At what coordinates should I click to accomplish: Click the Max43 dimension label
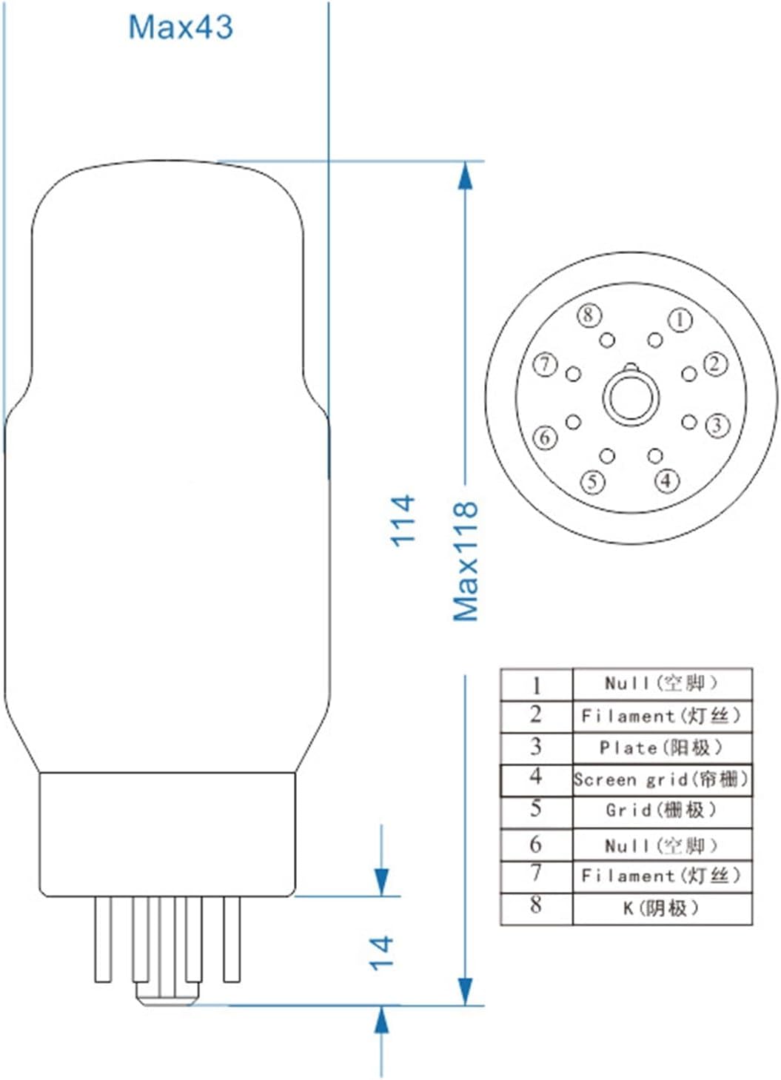pos(181,27)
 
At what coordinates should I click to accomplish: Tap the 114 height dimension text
pos(403,521)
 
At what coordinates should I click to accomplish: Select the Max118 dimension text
pos(466,561)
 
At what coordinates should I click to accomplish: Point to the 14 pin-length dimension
pos(381,952)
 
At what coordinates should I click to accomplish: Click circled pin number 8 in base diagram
pos(588,315)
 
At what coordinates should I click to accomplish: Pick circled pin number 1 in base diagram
pos(680,320)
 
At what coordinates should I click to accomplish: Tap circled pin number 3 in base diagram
pos(717,425)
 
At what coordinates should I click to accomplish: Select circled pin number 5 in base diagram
pos(592,482)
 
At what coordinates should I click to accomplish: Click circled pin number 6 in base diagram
pos(546,437)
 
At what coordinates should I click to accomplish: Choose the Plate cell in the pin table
pos(661,748)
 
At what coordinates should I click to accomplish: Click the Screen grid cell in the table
pos(662,779)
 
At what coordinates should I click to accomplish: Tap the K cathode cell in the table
pos(661,908)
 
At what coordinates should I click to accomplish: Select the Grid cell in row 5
pos(661,811)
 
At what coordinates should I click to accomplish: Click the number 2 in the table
pos(536,716)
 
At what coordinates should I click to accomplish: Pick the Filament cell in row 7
pos(661,876)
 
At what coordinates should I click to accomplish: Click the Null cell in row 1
pos(661,683)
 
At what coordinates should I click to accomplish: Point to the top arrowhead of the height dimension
pos(465,178)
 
